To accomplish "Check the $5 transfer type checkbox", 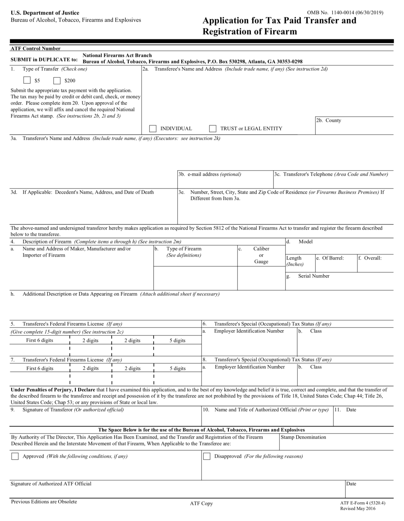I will pyautogui.click(x=27, y=80).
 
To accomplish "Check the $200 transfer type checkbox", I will pyautogui.click(x=57, y=80).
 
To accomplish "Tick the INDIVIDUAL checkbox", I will pyautogui.click(x=153, y=129).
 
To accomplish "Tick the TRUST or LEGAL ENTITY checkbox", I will pyautogui.click(x=213, y=129).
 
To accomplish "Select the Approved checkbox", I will pyautogui.click(x=15, y=456).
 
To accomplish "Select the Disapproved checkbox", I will pyautogui.click(x=206, y=456).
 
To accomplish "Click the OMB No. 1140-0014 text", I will pyautogui.click(x=345, y=13).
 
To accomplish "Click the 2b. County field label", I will pyautogui.click(x=329, y=120).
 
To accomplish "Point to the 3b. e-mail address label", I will pyautogui.click(x=210, y=174).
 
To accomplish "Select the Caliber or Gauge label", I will pyautogui.click(x=261, y=255).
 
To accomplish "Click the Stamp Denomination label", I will pyautogui.click(x=303, y=437).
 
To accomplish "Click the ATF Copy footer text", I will pyautogui.click(x=201, y=503).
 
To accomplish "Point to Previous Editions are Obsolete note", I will pyautogui.click(x=44, y=502).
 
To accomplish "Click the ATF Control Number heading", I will pyautogui.click(x=36, y=49).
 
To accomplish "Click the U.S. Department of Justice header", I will pyautogui.click(x=45, y=13).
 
